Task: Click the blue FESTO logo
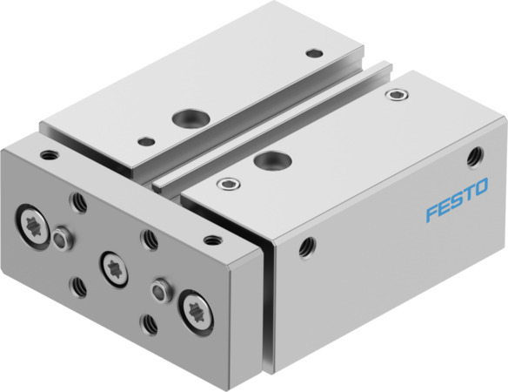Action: (x=456, y=200)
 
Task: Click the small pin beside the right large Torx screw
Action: (x=159, y=287)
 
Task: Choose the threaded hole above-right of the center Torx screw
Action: (x=150, y=236)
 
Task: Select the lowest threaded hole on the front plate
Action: (x=148, y=323)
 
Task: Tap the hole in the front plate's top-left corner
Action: (x=47, y=156)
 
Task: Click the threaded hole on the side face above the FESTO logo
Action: (x=476, y=157)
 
